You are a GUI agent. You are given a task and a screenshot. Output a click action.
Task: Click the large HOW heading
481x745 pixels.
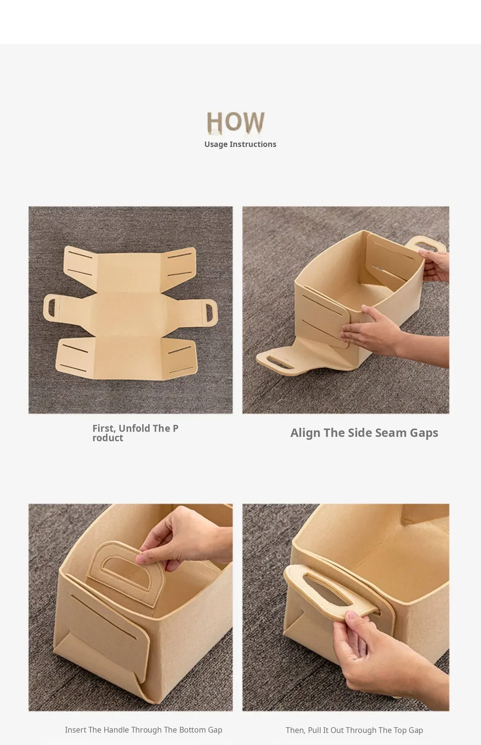(236, 122)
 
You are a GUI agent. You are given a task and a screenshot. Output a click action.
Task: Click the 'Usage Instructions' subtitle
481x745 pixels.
(240, 144)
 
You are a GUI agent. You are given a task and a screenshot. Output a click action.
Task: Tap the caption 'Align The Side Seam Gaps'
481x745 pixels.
(364, 433)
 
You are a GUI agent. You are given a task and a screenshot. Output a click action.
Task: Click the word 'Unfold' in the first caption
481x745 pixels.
(134, 428)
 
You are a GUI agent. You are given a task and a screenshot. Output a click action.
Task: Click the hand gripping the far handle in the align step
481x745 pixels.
(434, 266)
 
